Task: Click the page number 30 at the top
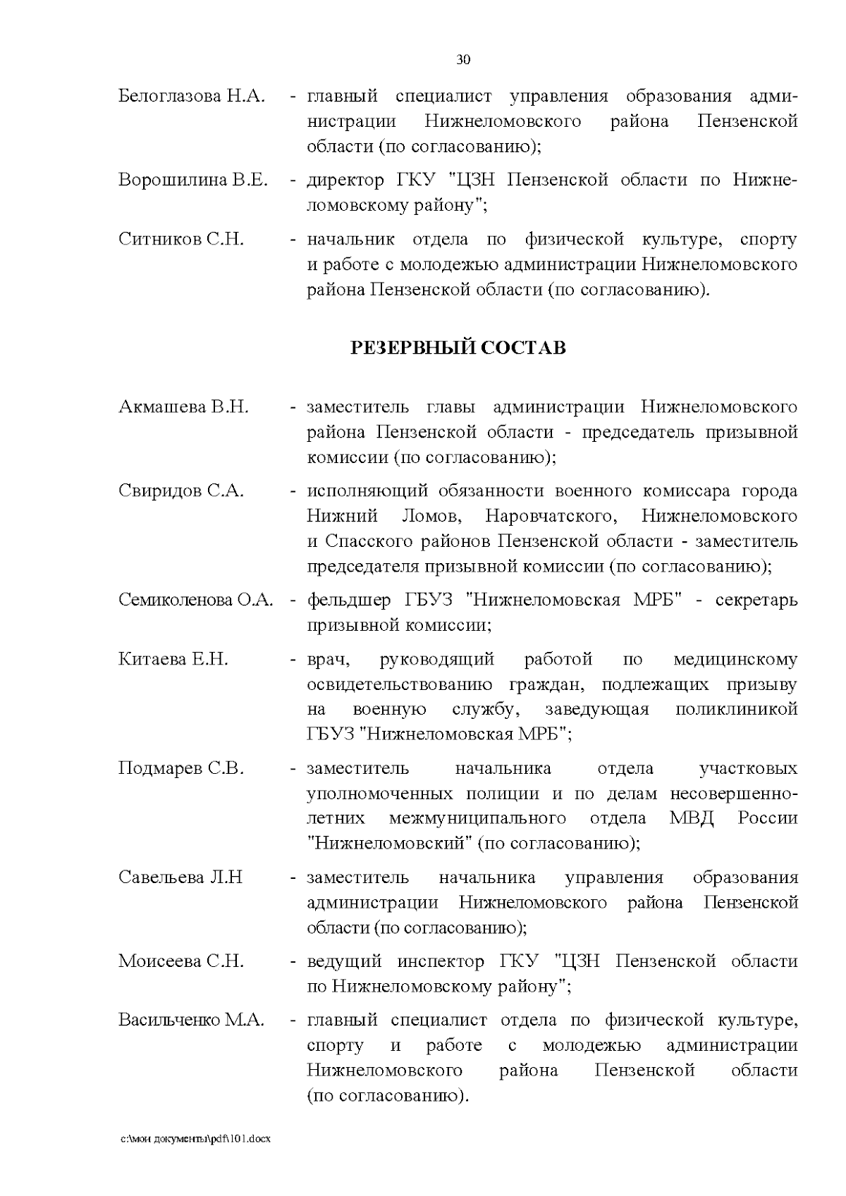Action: click(x=463, y=60)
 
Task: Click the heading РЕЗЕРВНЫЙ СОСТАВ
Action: click(x=458, y=348)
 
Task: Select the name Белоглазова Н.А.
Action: click(x=191, y=97)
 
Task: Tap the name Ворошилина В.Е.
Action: click(x=193, y=180)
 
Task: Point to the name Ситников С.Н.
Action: click(x=181, y=240)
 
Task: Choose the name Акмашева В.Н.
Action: click(x=183, y=407)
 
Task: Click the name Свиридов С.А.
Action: click(x=181, y=491)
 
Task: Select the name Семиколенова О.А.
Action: click(x=195, y=600)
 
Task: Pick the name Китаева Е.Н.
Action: click(x=173, y=660)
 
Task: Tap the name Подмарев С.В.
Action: click(x=181, y=768)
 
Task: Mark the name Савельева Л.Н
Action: click(x=180, y=877)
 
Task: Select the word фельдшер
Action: click(x=348, y=600)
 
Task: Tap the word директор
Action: click(x=346, y=180)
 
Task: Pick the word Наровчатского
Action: click(x=551, y=517)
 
